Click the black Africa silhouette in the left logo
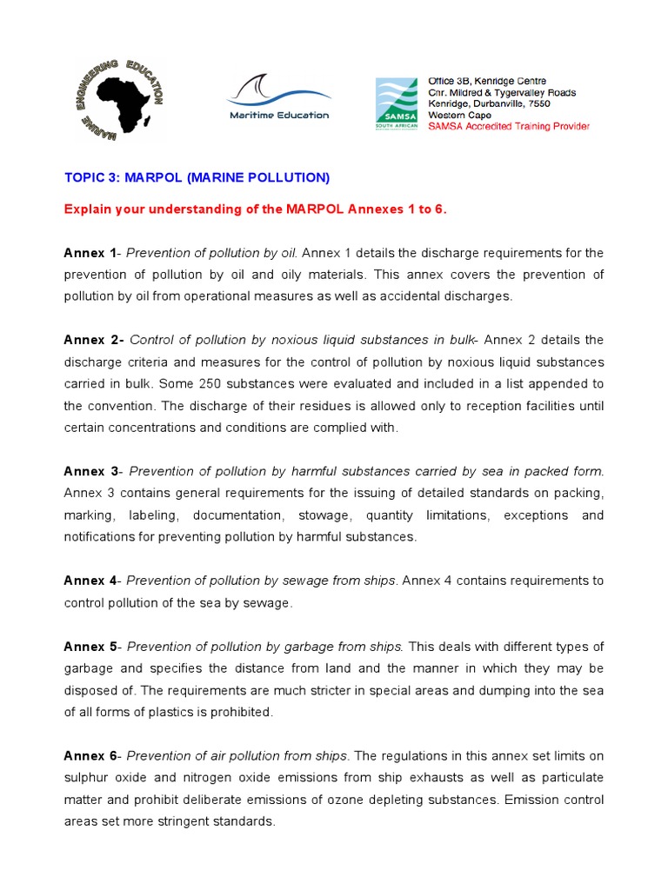[122, 98]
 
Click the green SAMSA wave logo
[396, 99]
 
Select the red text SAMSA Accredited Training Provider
[508, 126]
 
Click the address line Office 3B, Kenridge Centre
[486, 81]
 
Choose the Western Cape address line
[458, 115]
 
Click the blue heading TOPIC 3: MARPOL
[197, 177]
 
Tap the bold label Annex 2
[93, 340]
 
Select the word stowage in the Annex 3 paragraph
[324, 515]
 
